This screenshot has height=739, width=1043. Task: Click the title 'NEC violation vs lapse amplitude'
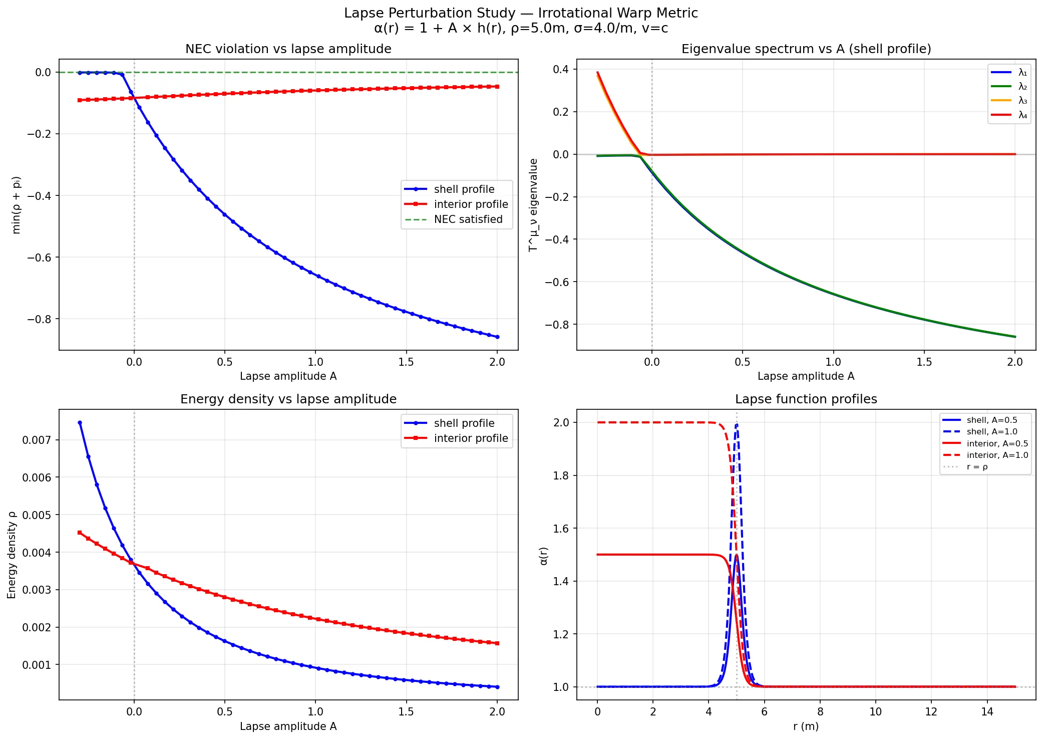click(x=288, y=49)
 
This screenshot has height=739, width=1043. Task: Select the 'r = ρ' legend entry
click(x=977, y=467)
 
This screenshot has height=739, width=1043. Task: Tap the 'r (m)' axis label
click(x=806, y=726)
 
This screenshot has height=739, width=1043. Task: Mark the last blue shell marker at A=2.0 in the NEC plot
click(x=497, y=337)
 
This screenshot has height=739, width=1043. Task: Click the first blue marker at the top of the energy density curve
click(x=80, y=423)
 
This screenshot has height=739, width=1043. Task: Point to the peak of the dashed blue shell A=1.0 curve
click(x=737, y=425)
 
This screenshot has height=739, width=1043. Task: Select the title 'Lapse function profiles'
click(x=806, y=399)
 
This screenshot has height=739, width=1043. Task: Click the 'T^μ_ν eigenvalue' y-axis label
click(x=534, y=205)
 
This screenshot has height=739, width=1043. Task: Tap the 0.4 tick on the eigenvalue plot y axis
click(x=560, y=69)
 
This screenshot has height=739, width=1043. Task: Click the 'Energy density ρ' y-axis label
click(x=12, y=555)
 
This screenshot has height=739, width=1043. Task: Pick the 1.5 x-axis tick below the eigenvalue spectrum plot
click(x=924, y=362)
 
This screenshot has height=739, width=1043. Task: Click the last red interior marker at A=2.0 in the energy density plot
click(x=497, y=643)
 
